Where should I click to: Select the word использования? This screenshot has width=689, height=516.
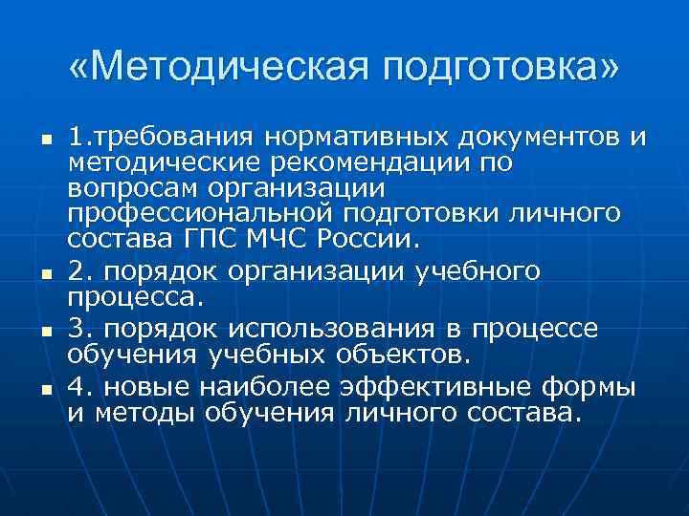(x=322, y=330)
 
